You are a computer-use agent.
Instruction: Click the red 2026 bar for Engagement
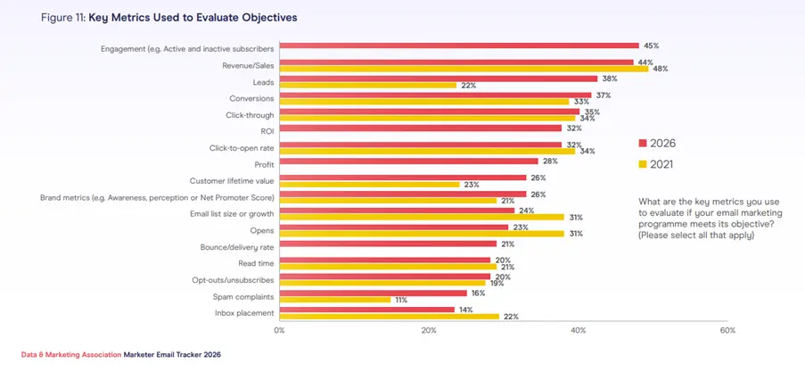coord(459,45)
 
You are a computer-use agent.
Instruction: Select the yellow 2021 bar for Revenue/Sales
coord(464,69)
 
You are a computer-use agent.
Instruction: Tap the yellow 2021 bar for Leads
coord(367,86)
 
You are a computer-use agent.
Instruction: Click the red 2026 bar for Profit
coord(409,161)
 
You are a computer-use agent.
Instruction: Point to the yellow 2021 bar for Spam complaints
coord(335,300)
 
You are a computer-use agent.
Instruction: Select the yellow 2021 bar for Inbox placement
coord(389,317)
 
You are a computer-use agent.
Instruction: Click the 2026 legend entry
coord(655,143)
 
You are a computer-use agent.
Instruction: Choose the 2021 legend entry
coord(655,164)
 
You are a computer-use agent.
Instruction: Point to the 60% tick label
coord(727,331)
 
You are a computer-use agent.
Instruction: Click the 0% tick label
coord(279,331)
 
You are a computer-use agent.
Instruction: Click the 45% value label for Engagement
coord(653,45)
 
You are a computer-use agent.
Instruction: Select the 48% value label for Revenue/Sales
coord(661,69)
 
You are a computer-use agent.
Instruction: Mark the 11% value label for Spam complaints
coord(400,300)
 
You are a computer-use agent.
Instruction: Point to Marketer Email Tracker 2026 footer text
coord(172,354)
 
